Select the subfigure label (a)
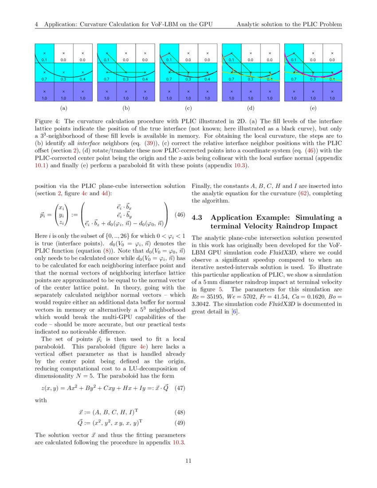(63, 108)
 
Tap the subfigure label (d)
(250, 108)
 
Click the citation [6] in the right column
(235, 311)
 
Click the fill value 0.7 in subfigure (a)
(44, 79)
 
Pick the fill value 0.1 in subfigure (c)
(169, 59)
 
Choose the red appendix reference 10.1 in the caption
(41, 166)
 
